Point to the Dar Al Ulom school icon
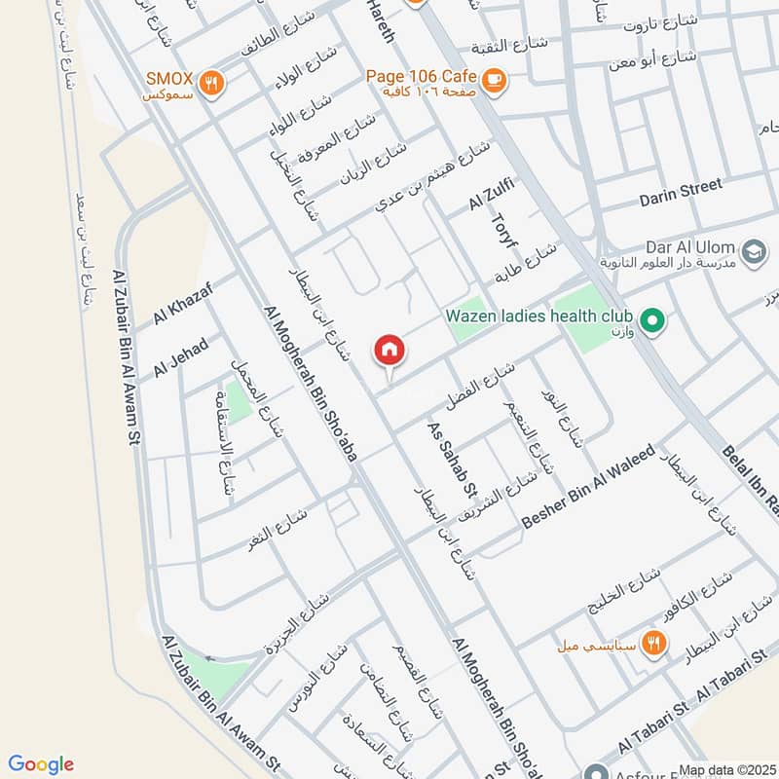[753, 251]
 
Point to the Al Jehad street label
[181, 356]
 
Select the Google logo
[41, 764]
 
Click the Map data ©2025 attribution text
[725, 769]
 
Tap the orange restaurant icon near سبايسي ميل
[653, 644]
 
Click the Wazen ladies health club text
[539, 316]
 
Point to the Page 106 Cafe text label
[421, 76]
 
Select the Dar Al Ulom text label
[689, 248]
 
